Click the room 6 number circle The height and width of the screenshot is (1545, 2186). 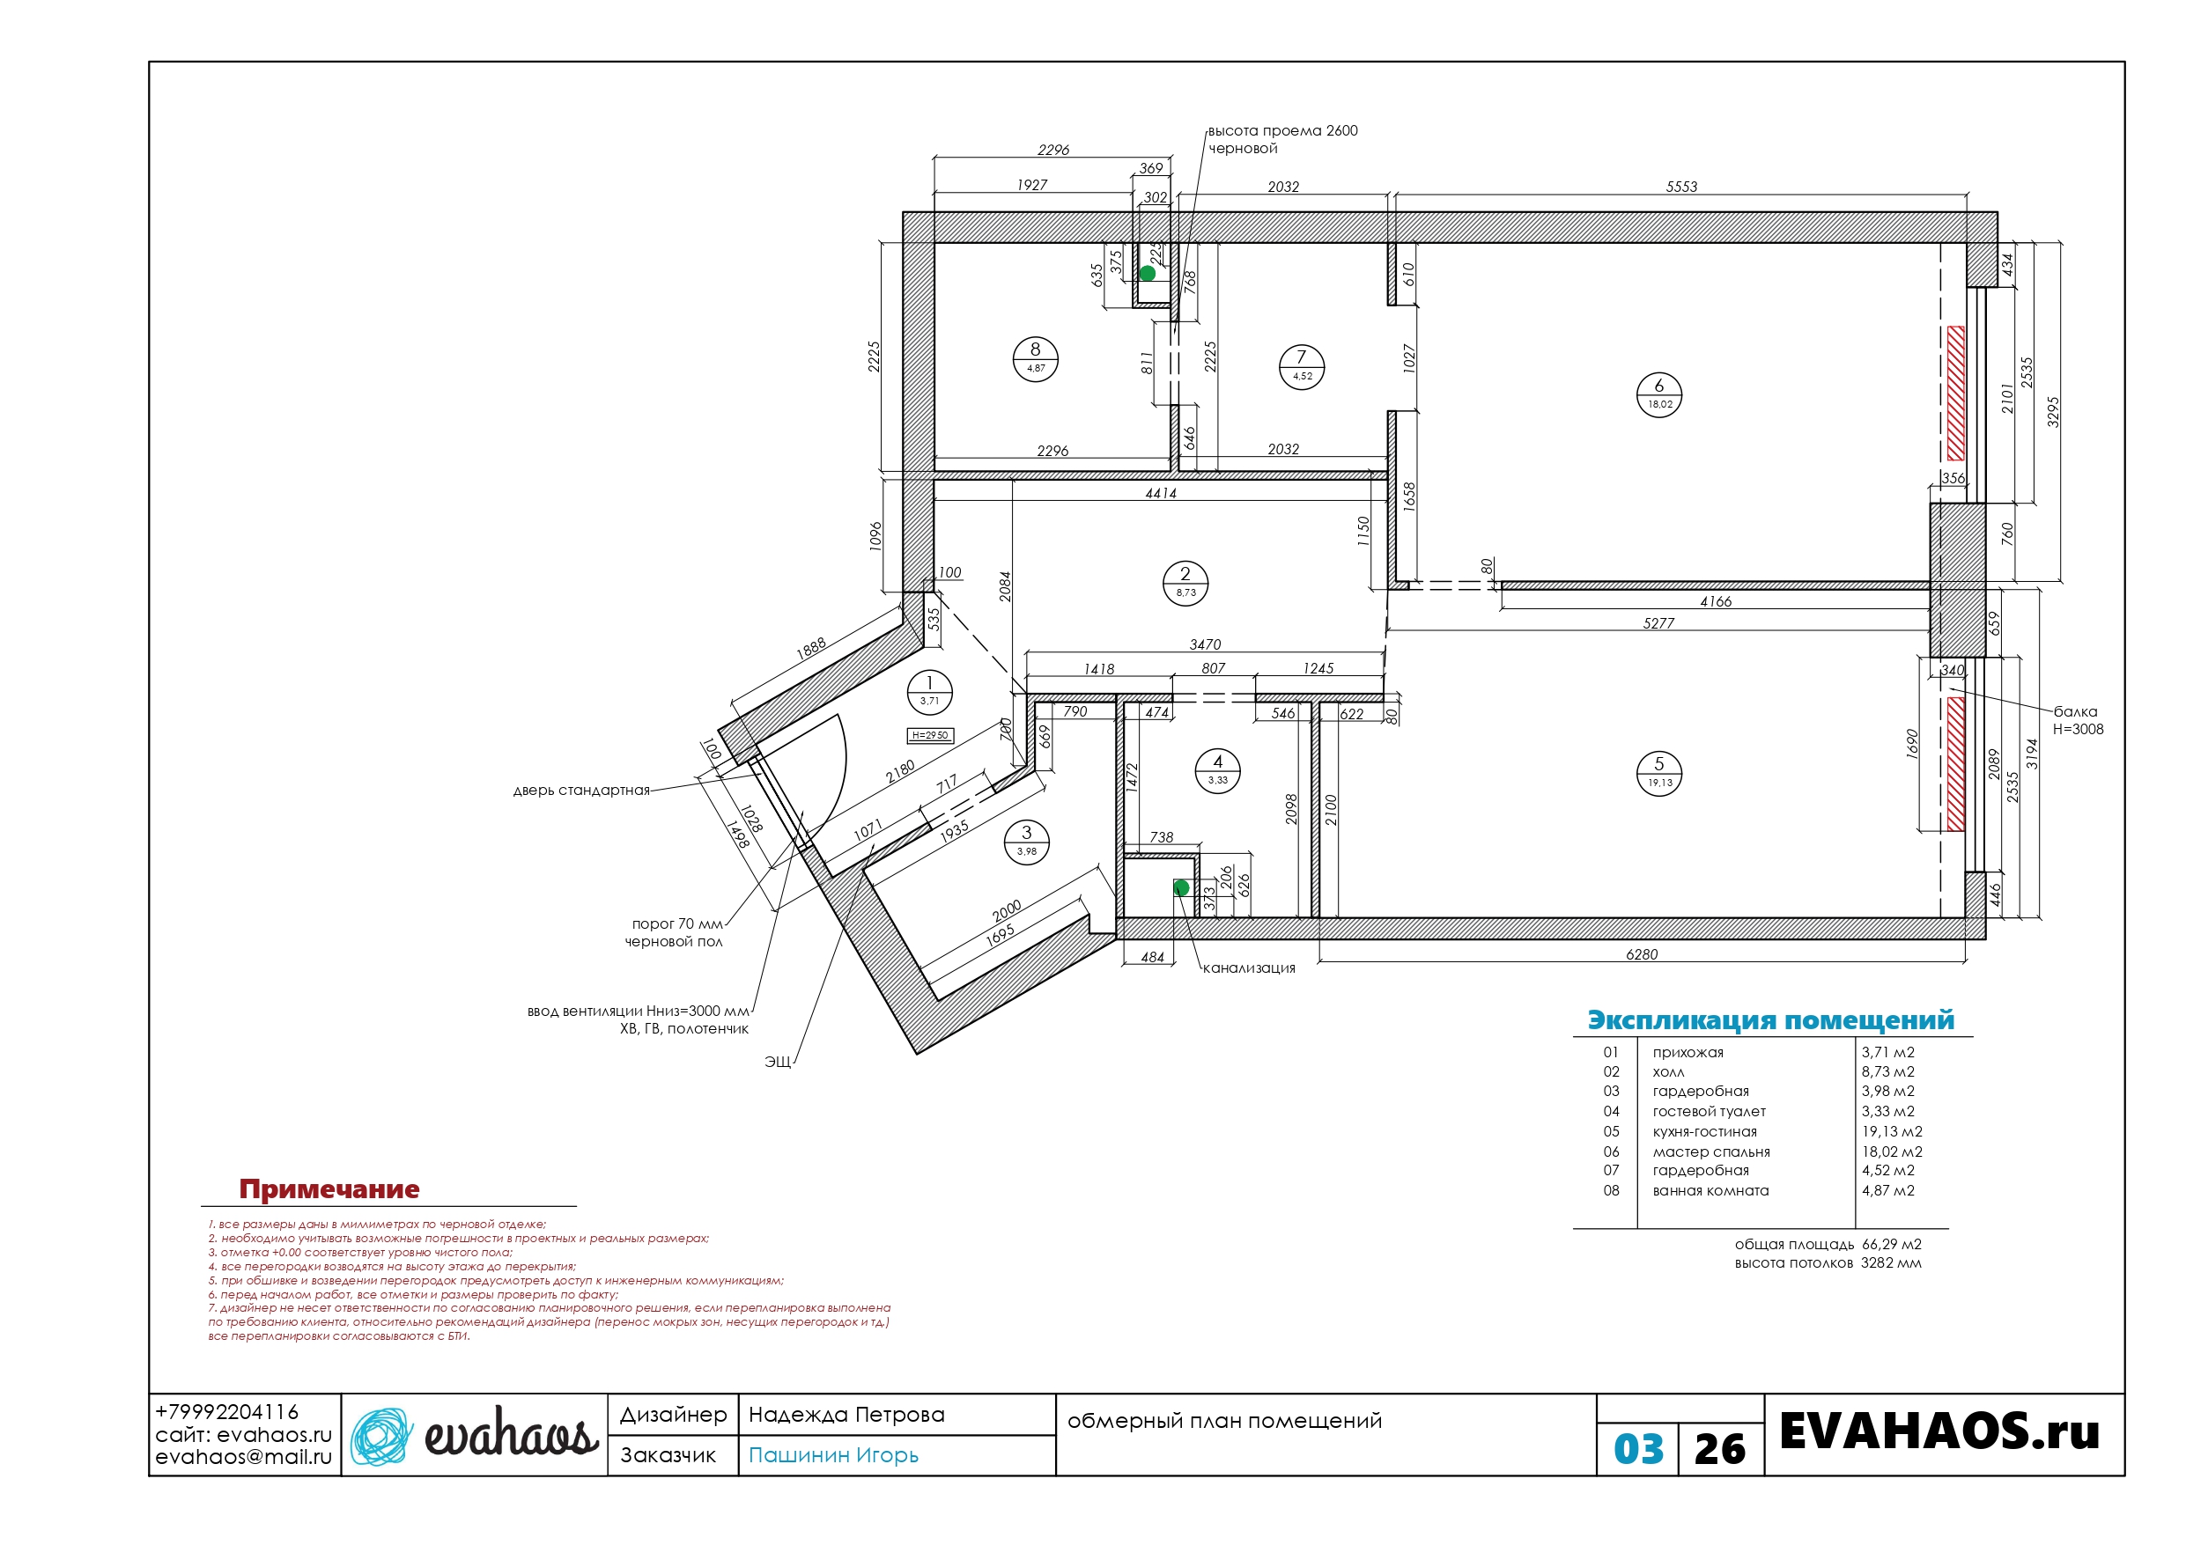1658,394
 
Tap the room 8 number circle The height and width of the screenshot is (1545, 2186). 1035,359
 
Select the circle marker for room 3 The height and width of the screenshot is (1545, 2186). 1026,842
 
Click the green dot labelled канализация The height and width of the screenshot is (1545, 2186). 1182,887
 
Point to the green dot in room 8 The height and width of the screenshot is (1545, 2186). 1148,273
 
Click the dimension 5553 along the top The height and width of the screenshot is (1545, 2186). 1681,187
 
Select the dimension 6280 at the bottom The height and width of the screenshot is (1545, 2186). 1642,953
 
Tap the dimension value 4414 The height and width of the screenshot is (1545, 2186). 1161,493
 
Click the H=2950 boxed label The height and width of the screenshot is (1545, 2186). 930,735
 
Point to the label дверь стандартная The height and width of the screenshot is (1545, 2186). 580,791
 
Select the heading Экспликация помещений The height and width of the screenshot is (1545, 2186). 1771,1019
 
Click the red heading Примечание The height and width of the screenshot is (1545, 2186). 329,1189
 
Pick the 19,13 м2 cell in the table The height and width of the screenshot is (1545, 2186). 1892,1131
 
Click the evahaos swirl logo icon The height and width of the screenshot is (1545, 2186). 381,1436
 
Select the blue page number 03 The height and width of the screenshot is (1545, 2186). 1638,1449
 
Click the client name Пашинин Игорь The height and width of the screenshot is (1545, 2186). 833,1455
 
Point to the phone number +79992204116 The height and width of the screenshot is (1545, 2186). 226,1412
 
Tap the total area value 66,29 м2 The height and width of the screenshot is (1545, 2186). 1891,1244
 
